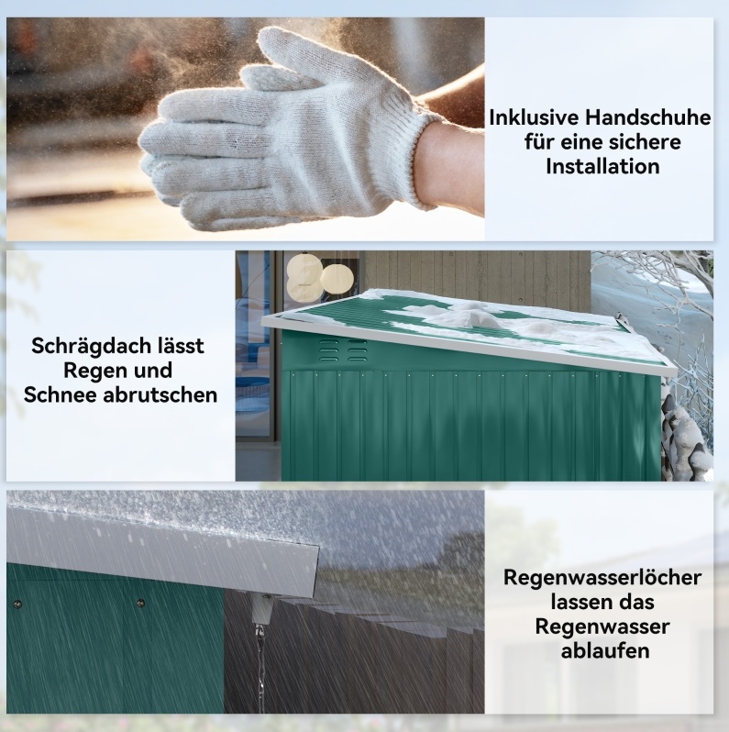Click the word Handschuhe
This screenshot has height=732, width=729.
[647, 117]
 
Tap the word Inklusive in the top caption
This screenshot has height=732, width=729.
[534, 117]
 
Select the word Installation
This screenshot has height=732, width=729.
[602, 166]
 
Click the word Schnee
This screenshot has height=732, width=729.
[61, 394]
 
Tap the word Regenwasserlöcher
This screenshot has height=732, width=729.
[602, 578]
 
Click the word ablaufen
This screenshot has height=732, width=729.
[605, 650]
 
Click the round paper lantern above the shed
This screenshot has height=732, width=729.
[337, 279]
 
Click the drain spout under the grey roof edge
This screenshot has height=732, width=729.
[262, 610]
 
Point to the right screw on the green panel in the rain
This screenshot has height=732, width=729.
[140, 604]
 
